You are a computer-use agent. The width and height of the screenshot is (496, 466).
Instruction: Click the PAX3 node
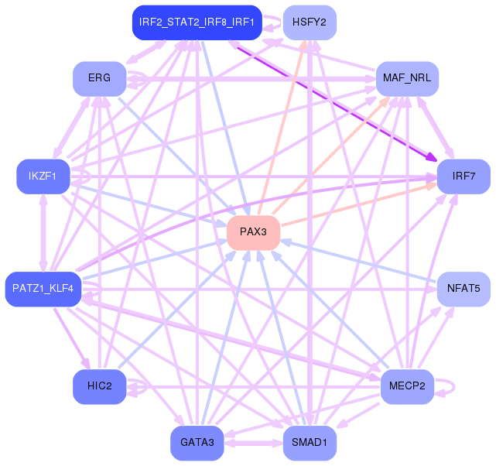253,232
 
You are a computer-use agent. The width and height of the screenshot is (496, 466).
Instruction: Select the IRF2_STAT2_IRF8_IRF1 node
197,22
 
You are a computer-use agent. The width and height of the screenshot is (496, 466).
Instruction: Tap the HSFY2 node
310,22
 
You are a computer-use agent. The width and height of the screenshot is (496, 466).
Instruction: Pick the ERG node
100,79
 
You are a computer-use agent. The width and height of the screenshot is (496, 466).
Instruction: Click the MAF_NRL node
407,79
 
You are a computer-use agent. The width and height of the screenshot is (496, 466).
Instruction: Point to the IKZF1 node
43,176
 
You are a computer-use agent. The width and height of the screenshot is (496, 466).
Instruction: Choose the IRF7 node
464,176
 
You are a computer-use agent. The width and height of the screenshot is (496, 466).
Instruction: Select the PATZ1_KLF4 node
43,289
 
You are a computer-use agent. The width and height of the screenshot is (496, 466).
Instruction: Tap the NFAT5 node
464,289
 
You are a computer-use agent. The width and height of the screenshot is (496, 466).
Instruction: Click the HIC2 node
100,386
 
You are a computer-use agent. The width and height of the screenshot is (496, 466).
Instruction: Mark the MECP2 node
407,386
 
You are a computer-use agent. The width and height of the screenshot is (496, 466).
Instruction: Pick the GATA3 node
197,443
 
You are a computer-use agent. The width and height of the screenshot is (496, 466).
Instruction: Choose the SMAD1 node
310,443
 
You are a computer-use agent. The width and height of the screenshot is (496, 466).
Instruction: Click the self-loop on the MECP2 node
454,386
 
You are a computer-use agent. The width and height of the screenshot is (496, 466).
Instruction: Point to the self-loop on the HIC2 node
146,386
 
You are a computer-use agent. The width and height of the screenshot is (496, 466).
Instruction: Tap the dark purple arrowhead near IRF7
432,156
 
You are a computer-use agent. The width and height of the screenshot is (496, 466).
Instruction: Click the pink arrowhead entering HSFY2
303,44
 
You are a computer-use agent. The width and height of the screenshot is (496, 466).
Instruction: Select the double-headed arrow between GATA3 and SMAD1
253,443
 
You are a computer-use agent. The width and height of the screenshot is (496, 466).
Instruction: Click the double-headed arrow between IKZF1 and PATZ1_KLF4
43,232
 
